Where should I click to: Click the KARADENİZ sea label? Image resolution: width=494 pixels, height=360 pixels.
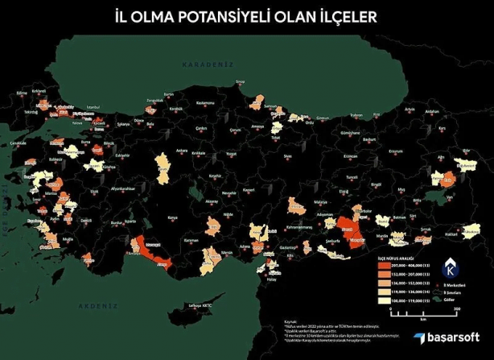point(206,64)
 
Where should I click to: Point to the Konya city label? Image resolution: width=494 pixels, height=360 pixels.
point(172,217)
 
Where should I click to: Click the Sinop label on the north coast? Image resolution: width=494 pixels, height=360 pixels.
point(238,82)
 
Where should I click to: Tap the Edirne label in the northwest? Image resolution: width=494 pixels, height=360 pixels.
point(22,93)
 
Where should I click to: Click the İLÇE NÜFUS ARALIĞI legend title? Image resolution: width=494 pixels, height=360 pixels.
point(395,256)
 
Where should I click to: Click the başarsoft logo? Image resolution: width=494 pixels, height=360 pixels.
point(441,338)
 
